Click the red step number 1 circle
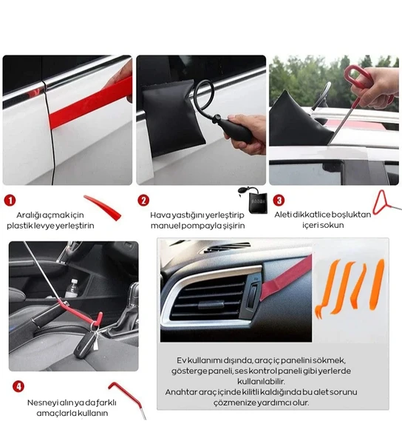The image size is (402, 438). pyautogui.click(x=10, y=201)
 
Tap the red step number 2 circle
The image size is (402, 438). pyautogui.click(x=143, y=201)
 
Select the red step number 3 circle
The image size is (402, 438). pyautogui.click(x=279, y=200)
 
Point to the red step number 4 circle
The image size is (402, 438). pyautogui.click(x=18, y=387)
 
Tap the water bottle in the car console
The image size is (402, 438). pyautogui.click(x=72, y=288)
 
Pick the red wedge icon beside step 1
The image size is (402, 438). pyautogui.click(x=103, y=206)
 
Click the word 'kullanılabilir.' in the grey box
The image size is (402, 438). pyautogui.click(x=261, y=381)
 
